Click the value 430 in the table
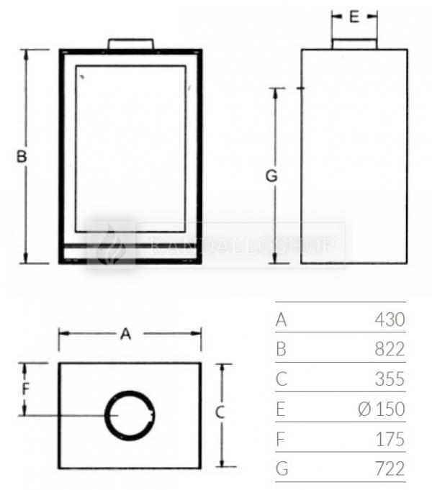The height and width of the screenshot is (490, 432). click(390, 319)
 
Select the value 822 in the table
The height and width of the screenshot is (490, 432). click(390, 349)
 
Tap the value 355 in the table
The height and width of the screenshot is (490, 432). click(390, 378)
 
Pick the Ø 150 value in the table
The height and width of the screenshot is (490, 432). click(382, 409)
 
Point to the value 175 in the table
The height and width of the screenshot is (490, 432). click(390, 439)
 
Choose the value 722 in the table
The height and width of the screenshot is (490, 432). click(390, 468)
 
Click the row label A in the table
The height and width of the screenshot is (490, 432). click(282, 319)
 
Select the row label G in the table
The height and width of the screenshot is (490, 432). click(282, 469)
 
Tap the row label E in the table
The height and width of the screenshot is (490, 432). click(281, 409)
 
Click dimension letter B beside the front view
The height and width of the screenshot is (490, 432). click(22, 156)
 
